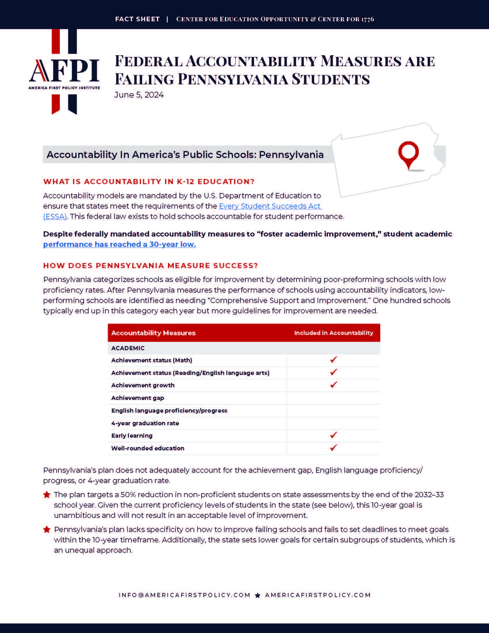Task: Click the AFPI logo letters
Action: click(x=64, y=71)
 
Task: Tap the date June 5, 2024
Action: click(x=139, y=95)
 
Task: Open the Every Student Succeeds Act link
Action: click(x=270, y=206)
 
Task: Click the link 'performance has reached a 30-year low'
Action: click(x=119, y=244)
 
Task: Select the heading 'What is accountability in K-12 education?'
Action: click(x=149, y=182)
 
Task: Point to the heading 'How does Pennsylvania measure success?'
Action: click(x=150, y=266)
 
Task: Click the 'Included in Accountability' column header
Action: click(x=333, y=333)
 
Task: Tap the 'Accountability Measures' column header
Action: click(x=153, y=333)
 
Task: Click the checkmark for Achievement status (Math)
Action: click(x=333, y=360)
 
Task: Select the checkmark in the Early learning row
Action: click(x=333, y=435)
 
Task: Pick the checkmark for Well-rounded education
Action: click(x=333, y=448)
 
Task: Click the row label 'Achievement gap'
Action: click(x=137, y=398)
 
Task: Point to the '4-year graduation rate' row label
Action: click(x=145, y=423)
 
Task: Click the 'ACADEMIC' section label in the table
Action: click(x=128, y=348)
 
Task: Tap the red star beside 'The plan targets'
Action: click(x=47, y=495)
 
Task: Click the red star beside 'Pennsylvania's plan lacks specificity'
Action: click(x=47, y=529)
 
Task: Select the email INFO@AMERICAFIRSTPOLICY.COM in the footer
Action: click(x=185, y=595)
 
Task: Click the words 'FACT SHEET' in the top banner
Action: click(x=137, y=19)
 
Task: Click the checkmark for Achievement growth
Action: click(x=333, y=385)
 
